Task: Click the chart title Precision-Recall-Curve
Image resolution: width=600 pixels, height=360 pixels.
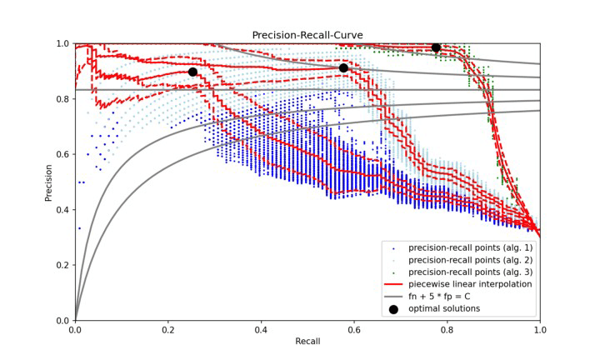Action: point(307,35)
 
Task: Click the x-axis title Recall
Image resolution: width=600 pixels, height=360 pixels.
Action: point(307,342)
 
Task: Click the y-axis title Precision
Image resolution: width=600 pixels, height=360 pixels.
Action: point(48,182)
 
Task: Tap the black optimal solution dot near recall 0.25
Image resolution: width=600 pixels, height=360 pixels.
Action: point(192,72)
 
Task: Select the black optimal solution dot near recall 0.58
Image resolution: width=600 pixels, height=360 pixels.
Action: point(343,68)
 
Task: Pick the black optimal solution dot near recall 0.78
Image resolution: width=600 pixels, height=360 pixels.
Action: point(436,47)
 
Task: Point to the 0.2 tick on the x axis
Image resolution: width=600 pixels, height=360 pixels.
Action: point(168,330)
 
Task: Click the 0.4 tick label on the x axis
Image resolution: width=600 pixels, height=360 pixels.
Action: point(261,330)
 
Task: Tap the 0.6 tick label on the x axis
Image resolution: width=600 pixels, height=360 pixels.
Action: point(354,330)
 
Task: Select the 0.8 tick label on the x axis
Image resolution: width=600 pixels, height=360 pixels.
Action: point(447,330)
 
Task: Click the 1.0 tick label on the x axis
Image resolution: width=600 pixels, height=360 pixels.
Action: point(540,330)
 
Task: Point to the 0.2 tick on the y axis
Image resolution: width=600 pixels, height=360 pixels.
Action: point(62,265)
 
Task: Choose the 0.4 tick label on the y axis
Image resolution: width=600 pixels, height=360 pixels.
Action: point(62,210)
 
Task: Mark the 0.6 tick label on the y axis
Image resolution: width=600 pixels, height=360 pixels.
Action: point(62,154)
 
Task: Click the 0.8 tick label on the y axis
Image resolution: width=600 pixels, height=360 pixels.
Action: point(62,99)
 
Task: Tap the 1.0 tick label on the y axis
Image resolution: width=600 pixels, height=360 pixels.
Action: point(62,43)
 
